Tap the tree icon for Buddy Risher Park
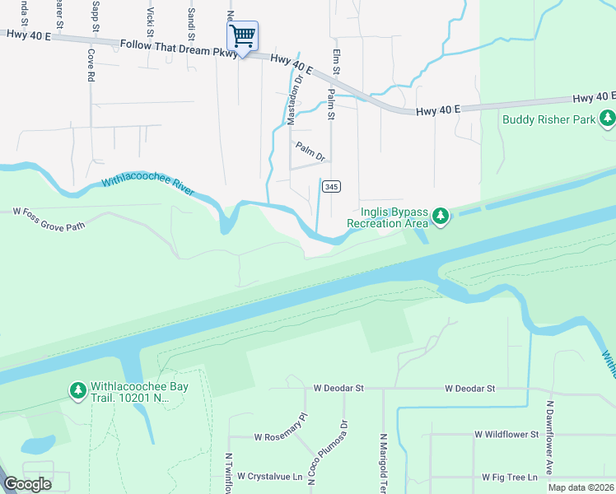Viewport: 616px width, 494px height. point(608,119)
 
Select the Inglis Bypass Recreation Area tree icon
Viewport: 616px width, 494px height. point(441,217)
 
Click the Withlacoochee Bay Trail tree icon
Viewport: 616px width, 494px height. point(77,389)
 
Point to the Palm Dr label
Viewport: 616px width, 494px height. point(310,151)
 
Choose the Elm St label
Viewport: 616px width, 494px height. point(336,58)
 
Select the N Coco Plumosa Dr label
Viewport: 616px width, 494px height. point(328,454)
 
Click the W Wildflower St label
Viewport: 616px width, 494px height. point(506,434)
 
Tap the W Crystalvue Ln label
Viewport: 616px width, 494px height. point(271,476)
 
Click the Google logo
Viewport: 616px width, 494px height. point(28,483)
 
